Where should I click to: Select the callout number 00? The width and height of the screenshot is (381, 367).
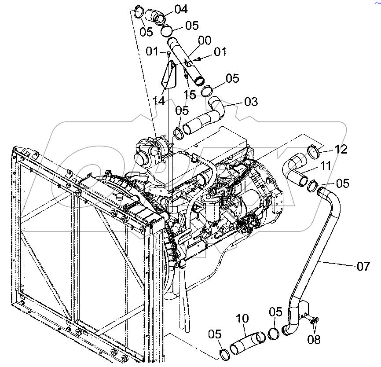(204, 41)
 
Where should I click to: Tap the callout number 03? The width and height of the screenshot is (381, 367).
(250, 102)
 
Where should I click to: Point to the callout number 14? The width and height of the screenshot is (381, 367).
(159, 101)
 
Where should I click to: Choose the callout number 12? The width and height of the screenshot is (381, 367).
(340, 150)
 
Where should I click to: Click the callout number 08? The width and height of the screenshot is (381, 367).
(314, 339)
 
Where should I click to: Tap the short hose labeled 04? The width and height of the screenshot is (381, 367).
(154, 17)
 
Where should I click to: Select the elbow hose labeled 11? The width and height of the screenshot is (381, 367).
(296, 169)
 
